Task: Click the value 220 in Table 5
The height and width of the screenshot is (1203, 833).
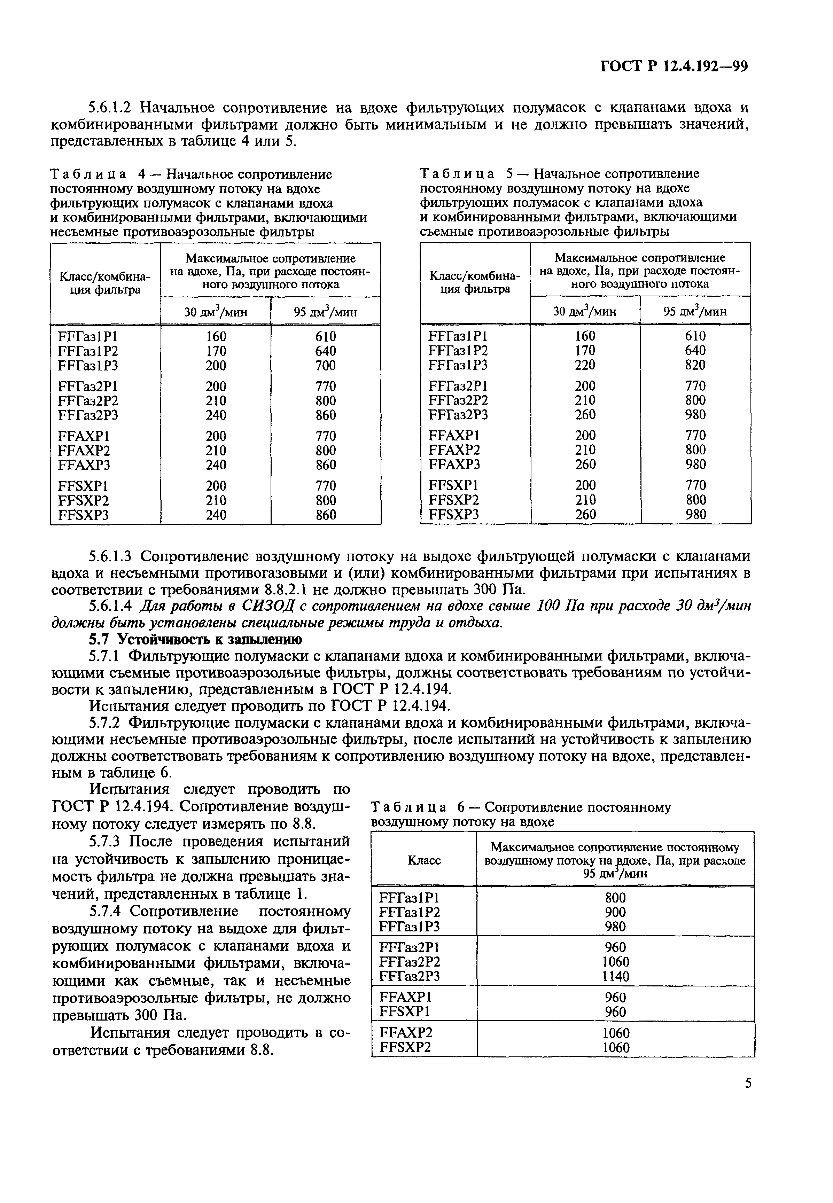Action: pyautogui.click(x=585, y=365)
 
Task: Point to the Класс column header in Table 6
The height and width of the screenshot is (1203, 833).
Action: pyautogui.click(x=424, y=860)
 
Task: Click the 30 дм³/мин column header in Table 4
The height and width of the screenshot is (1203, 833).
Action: pyautogui.click(x=216, y=312)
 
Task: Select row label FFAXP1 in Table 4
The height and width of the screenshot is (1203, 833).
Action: pyautogui.click(x=85, y=436)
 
